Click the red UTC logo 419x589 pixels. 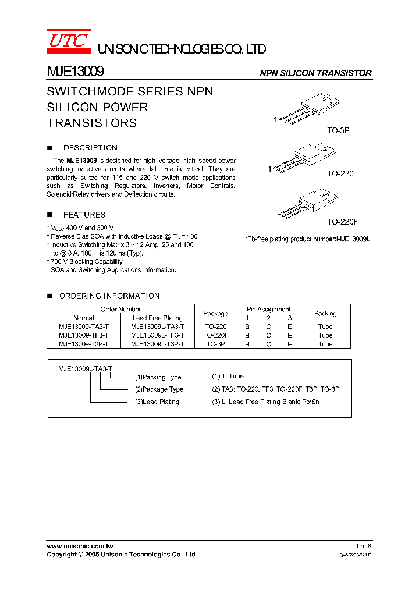pyautogui.click(x=68, y=41)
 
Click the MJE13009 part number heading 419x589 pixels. pyautogui.click(x=75, y=72)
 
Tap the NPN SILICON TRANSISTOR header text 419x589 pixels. pyautogui.click(x=315, y=73)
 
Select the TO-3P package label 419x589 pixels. pyautogui.click(x=338, y=131)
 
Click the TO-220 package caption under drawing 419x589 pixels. pyautogui.click(x=340, y=173)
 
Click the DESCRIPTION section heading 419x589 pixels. pyautogui.click(x=90, y=147)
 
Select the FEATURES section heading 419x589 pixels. pyautogui.click(x=84, y=215)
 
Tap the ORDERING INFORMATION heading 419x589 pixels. pyautogui.click(x=109, y=296)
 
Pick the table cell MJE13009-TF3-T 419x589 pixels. pyautogui.click(x=84, y=335)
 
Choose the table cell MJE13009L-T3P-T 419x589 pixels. pyautogui.click(x=158, y=344)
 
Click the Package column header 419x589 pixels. pyautogui.click(x=215, y=313)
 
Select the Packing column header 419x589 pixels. pyautogui.click(x=325, y=313)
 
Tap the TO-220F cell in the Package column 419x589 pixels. pyautogui.click(x=215, y=335)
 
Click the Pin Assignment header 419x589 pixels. pyautogui.click(x=268, y=309)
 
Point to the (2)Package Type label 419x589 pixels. pyautogui.click(x=159, y=389)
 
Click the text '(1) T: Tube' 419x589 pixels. pyautogui.click(x=228, y=377)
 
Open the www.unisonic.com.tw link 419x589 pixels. pyautogui.click(x=80, y=546)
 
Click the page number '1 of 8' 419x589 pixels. pyautogui.click(x=363, y=546)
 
